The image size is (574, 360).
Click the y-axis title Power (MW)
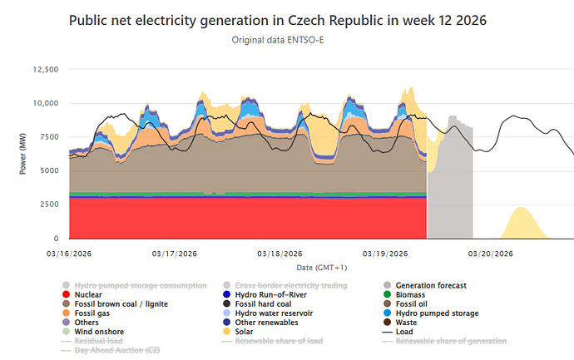[22, 154]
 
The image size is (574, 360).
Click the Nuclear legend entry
[88, 294]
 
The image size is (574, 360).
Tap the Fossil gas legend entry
[94, 313]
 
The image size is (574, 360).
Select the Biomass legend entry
[413, 294]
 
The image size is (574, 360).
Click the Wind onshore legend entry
[97, 332]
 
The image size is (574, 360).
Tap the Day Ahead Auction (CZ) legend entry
[116, 350]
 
